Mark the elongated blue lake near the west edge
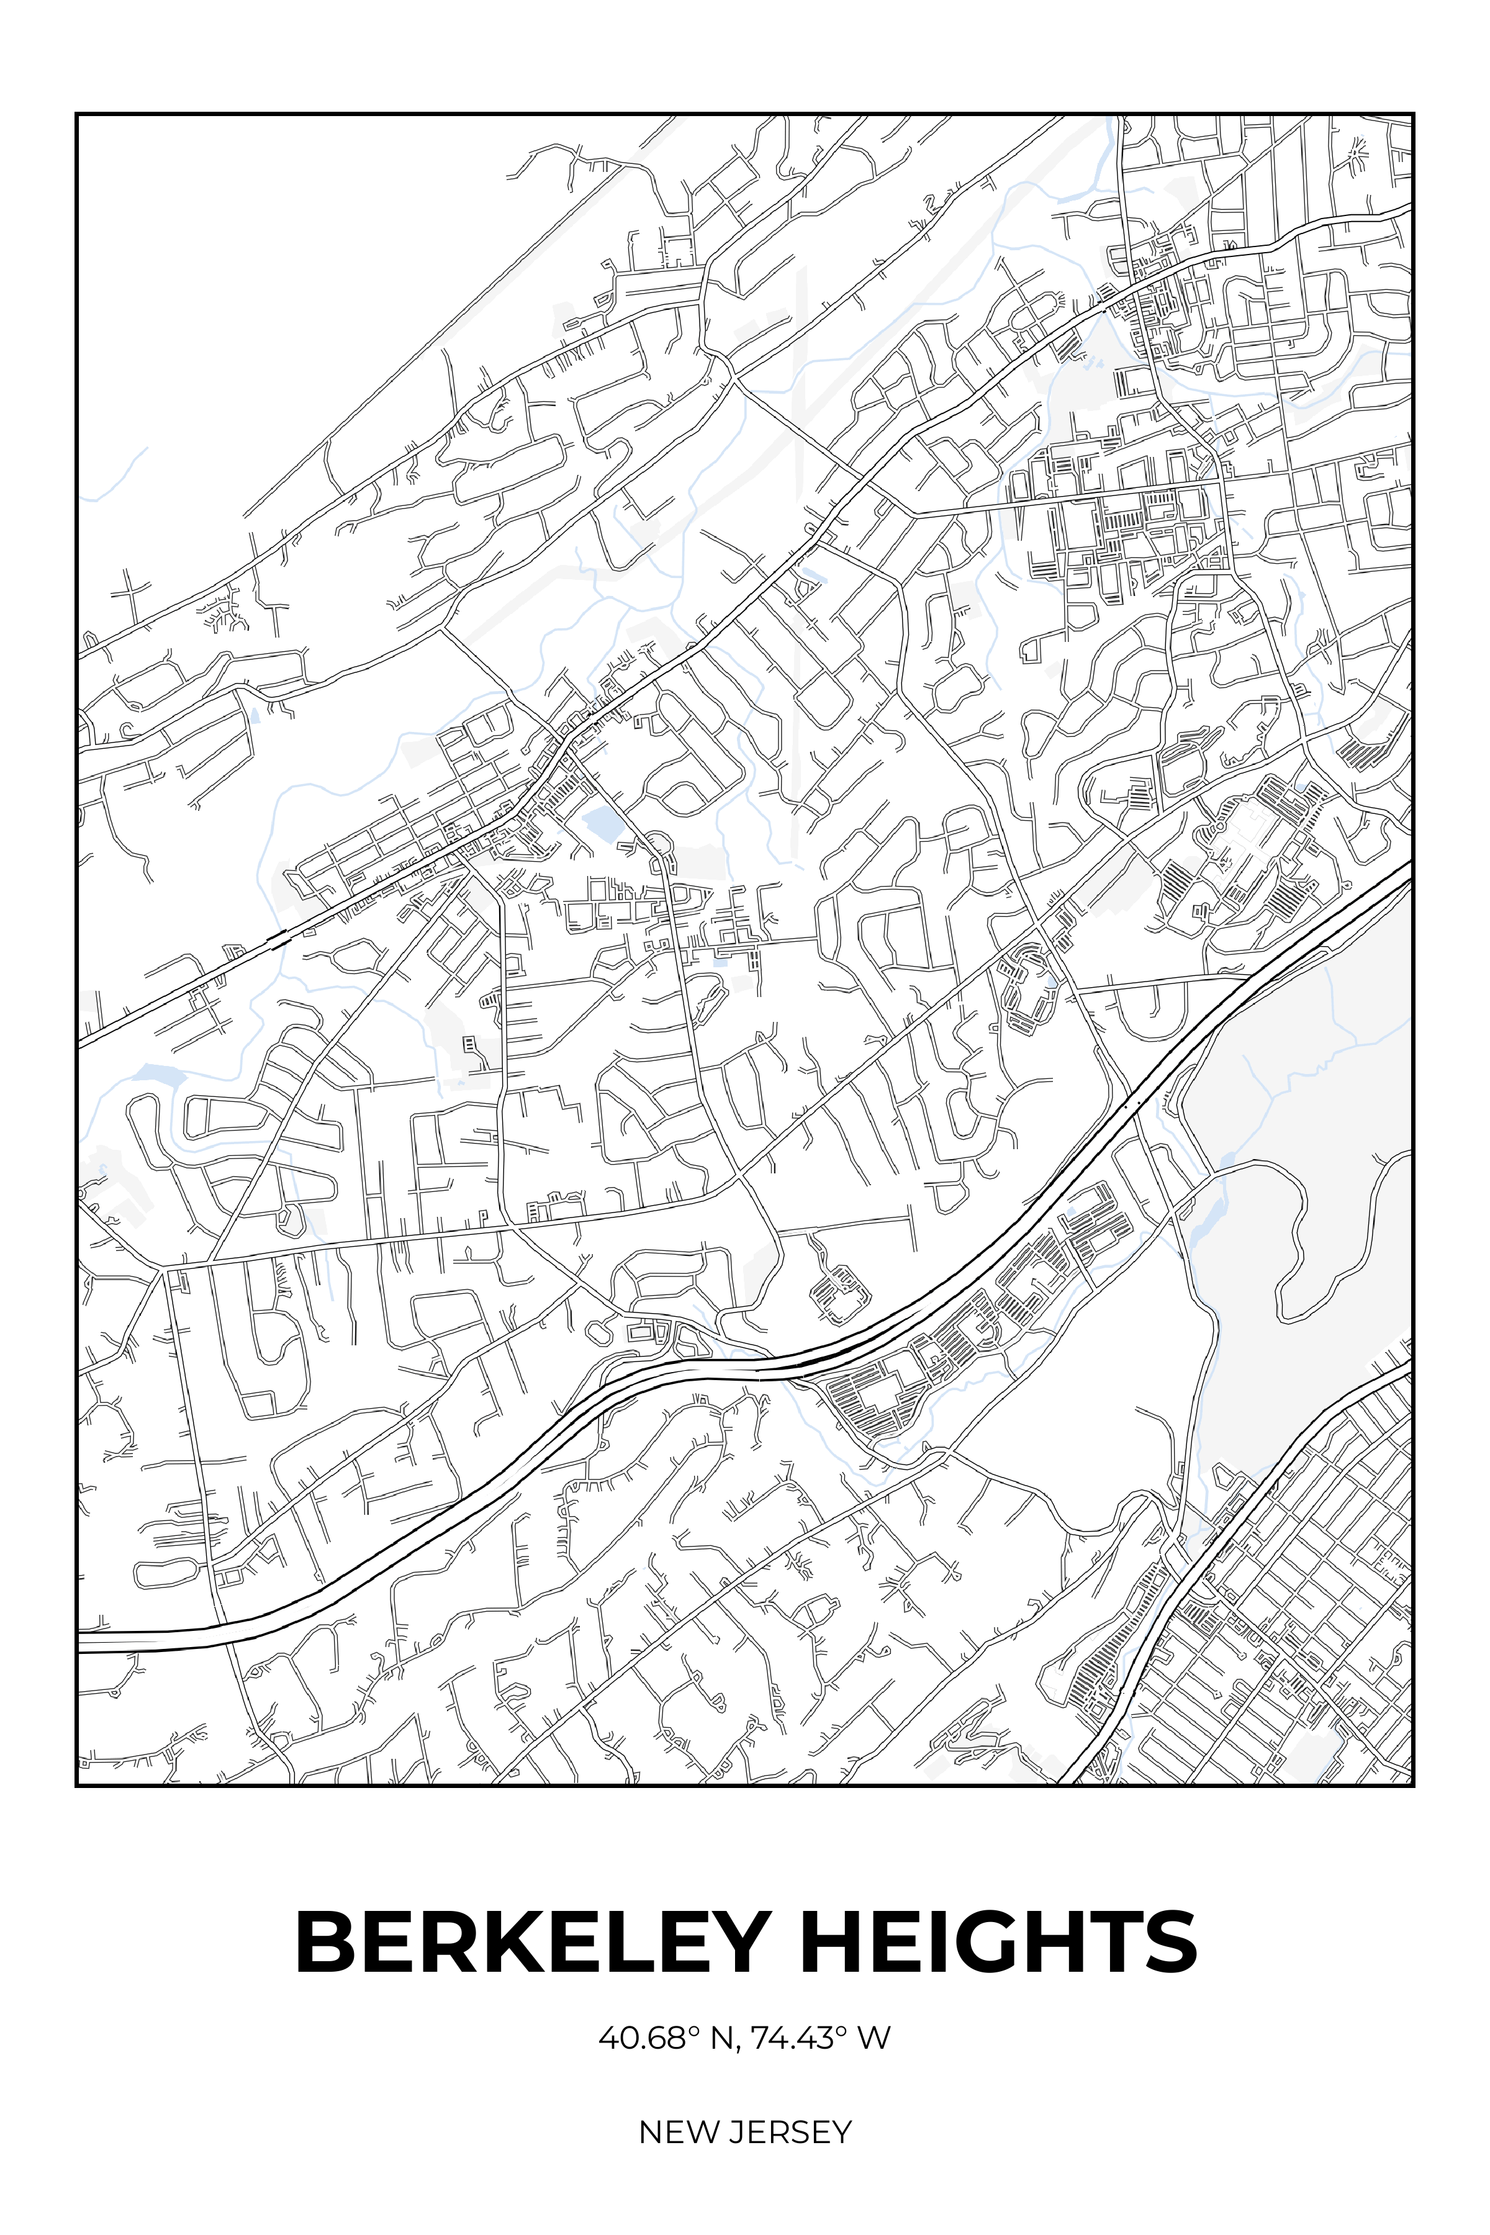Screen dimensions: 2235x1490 coord(158,1075)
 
